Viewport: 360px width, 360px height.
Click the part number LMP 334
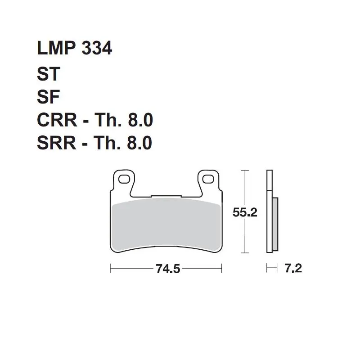(x=74, y=48)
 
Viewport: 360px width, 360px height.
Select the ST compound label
(x=49, y=73)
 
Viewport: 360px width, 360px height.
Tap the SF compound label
(x=48, y=97)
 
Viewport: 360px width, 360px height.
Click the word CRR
(x=57, y=120)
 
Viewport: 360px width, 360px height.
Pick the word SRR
(x=57, y=143)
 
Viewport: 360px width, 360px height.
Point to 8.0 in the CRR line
(x=140, y=120)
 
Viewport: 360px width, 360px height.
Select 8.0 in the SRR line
(x=139, y=143)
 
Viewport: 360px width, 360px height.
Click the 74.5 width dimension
(x=168, y=269)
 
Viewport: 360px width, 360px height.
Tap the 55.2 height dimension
(x=245, y=212)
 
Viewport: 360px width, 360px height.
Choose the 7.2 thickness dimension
(x=293, y=268)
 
